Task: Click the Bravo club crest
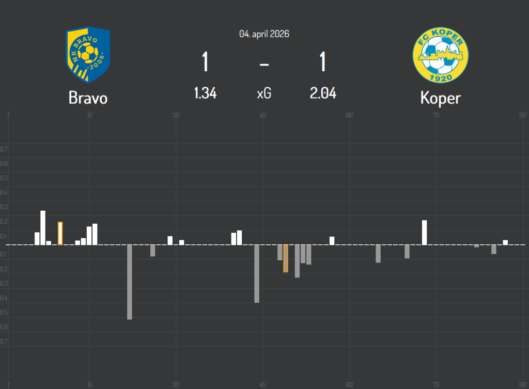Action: [x=88, y=55]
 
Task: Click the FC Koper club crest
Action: [x=441, y=55]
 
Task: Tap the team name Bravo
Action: [x=88, y=98]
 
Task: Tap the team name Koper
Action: [x=440, y=98]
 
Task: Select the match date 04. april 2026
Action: [x=264, y=34]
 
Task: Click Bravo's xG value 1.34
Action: [x=205, y=93]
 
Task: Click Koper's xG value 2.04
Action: [x=323, y=93]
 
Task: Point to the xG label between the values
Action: [x=264, y=94]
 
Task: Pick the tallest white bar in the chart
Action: [x=43, y=227]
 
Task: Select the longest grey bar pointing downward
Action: [x=130, y=282]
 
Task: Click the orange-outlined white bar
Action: [x=60, y=233]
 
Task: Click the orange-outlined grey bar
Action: [x=286, y=258]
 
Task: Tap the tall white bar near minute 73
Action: [x=425, y=232]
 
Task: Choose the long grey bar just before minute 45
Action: [x=257, y=273]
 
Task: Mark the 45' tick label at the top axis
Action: [x=263, y=115]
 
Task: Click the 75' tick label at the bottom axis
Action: [x=436, y=384]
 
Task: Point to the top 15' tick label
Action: [x=90, y=115]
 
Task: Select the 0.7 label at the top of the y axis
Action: [x=4, y=149]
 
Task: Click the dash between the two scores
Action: [x=264, y=64]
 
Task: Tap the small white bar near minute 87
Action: [x=505, y=242]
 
